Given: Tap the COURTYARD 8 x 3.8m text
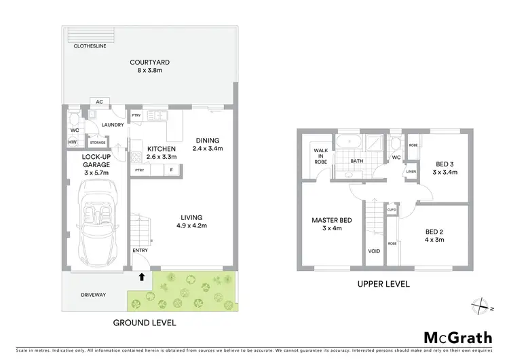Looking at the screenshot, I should coord(150,67).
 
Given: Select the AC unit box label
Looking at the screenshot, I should coord(99,102).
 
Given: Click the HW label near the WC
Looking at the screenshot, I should coord(73,142).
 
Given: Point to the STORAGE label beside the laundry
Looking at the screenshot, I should coord(98,142).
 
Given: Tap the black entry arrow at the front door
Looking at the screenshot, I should coord(141,276).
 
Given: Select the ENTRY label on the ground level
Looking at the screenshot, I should coord(140,250).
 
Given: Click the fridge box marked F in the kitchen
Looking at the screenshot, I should coord(172,170).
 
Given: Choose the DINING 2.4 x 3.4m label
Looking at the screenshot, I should coord(207,144).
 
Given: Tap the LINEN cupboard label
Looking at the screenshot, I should coord(411,172).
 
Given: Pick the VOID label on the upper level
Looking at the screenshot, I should coord(374,250).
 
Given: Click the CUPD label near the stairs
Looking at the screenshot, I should coord(392,210).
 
